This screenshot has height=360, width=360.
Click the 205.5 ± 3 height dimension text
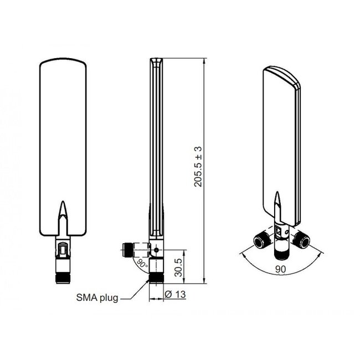198,166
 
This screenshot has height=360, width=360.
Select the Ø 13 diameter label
175,294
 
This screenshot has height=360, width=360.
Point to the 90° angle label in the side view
142,263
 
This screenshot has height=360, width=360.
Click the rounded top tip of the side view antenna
156,58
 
